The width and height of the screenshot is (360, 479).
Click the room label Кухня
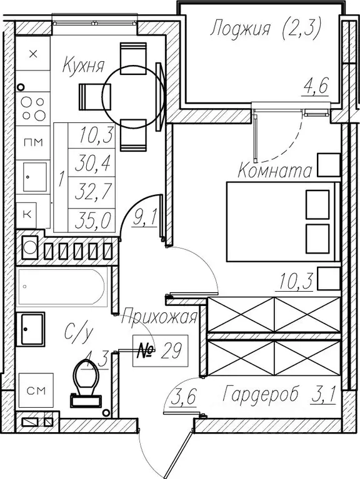click(x=83, y=66)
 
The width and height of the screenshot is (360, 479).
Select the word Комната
click(x=275, y=170)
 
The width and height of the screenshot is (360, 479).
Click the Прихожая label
click(x=159, y=317)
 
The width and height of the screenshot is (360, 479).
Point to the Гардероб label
click(x=261, y=395)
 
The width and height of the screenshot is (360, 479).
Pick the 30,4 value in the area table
click(x=92, y=162)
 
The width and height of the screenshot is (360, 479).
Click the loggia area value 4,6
click(x=316, y=87)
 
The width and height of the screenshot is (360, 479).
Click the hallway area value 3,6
click(x=182, y=397)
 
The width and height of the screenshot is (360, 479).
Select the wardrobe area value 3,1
click(x=323, y=395)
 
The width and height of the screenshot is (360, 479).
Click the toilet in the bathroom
click(x=86, y=383)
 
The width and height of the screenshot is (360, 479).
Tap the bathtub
click(x=62, y=287)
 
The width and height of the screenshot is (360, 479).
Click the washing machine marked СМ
click(x=36, y=390)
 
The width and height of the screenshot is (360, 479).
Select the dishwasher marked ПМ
click(x=33, y=142)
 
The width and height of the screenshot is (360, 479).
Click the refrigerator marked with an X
click(x=33, y=54)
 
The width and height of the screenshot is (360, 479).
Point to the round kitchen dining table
click(x=133, y=97)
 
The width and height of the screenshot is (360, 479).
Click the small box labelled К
click(x=27, y=214)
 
